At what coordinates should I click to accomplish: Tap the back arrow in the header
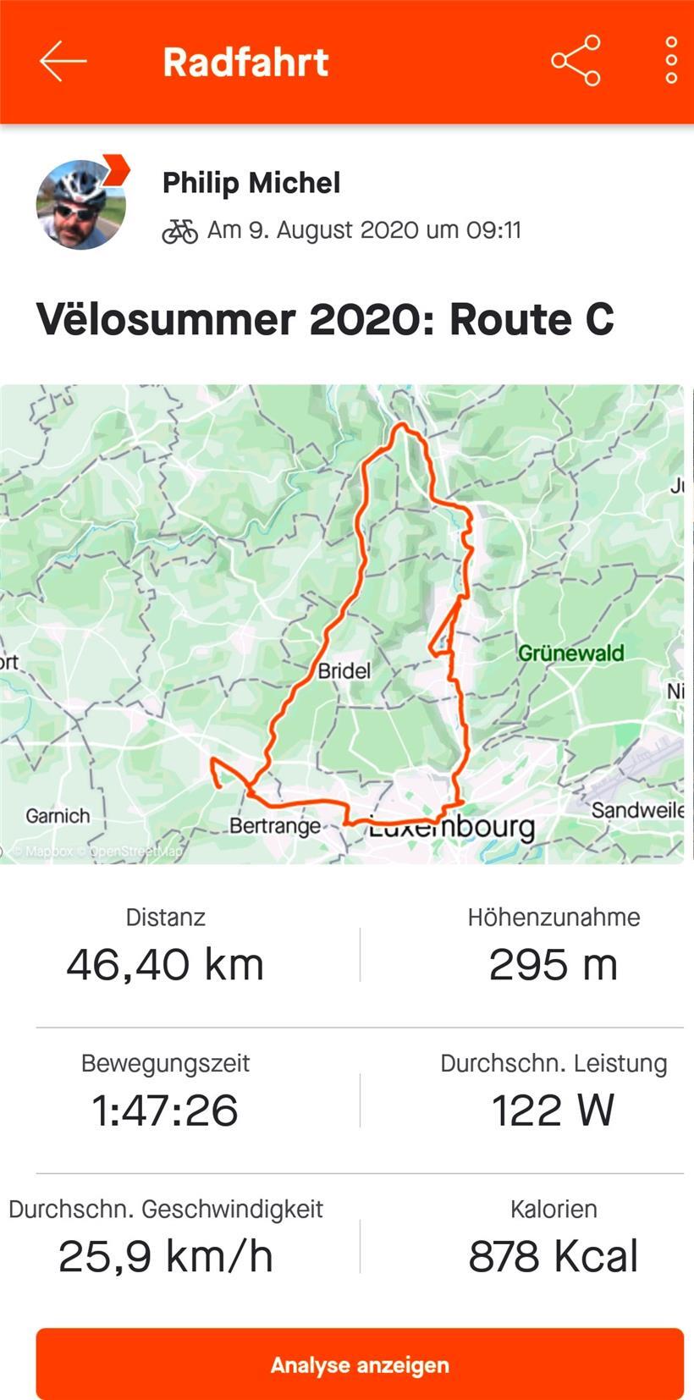[x=63, y=61]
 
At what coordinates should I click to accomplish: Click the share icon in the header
[x=576, y=61]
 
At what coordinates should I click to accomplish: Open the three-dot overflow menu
[x=670, y=61]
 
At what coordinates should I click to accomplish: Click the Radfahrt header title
[x=245, y=63]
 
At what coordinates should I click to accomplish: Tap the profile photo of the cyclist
[x=81, y=204]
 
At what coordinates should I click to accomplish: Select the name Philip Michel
[x=251, y=183]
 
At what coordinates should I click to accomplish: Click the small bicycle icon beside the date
[x=179, y=231]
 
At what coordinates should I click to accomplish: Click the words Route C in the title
[x=532, y=320]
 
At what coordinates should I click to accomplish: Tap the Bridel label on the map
[x=344, y=671]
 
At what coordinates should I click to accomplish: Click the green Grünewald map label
[x=570, y=653]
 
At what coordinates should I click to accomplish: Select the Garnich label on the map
[x=58, y=816]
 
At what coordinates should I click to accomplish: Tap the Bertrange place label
[x=275, y=825]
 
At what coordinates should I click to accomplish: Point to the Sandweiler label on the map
[x=637, y=810]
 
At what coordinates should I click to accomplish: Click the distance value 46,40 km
[x=165, y=964]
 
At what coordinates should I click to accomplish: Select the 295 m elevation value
[x=554, y=964]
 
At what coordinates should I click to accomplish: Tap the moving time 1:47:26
[x=165, y=1110]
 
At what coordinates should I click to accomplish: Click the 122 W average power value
[x=554, y=1110]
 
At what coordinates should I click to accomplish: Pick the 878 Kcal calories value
[x=554, y=1255]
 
